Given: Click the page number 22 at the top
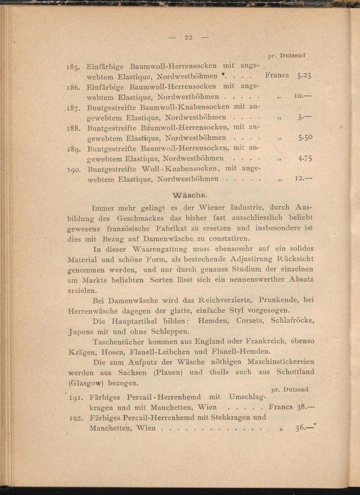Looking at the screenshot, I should [x=189, y=37].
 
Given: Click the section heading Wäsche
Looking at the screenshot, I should [x=190, y=195].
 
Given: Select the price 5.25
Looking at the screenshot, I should [x=304, y=76].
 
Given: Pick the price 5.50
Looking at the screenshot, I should [x=305, y=137].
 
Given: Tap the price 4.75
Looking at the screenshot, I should [x=305, y=158].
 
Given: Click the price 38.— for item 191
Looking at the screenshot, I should [x=306, y=407].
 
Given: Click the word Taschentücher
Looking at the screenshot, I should [x=118, y=342].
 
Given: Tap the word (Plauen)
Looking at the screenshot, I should [x=168, y=372].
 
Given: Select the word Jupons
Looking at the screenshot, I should [x=81, y=332].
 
